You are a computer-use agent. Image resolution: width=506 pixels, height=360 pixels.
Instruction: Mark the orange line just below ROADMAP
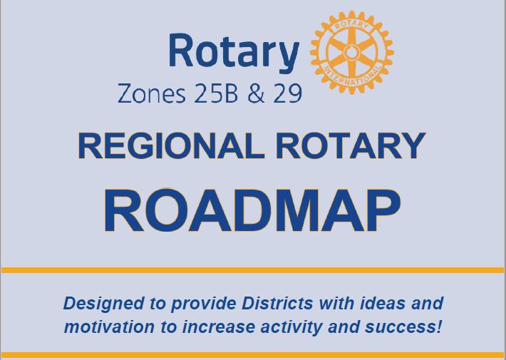click(253, 270)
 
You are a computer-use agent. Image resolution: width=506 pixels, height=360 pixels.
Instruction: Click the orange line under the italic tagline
click(253, 354)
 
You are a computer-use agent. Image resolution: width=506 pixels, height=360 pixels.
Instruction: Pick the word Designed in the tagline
click(96, 304)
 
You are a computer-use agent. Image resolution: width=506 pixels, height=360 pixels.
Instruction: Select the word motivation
click(104, 328)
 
